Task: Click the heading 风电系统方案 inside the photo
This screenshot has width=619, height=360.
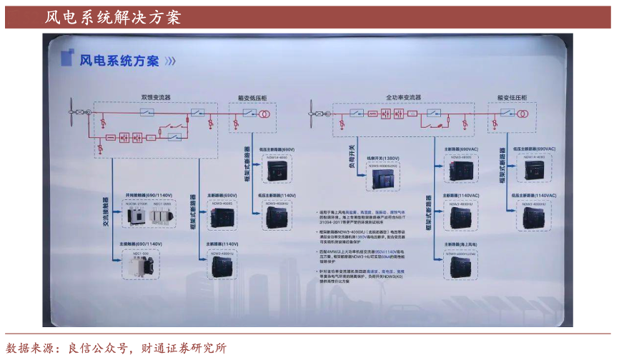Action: pos(119,60)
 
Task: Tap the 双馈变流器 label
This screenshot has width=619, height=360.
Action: pos(155,96)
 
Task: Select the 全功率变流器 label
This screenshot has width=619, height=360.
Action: pos(404,96)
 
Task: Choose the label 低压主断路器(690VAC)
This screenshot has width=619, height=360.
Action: pos(533,149)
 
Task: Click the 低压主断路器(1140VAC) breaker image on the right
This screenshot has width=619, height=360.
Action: pos(534,216)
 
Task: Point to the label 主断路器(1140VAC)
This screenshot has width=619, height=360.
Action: pos(458,195)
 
